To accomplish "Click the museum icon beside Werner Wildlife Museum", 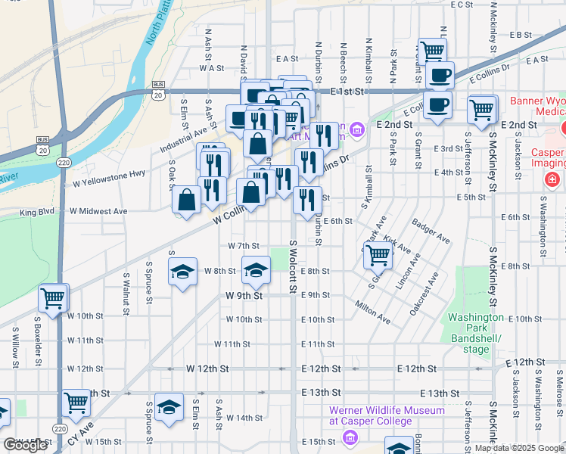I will [350, 437].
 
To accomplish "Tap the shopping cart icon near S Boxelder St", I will [52, 297].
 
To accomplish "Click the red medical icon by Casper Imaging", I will [553, 180].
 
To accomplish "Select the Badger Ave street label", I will [431, 231].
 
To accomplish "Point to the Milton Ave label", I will [372, 312].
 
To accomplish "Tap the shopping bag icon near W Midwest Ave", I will [186, 201].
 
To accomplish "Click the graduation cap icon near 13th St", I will [169, 406].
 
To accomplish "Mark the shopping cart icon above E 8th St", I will [377, 256].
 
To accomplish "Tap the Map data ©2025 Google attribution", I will [519, 448].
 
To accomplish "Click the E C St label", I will [461, 5].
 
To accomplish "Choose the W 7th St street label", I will [244, 246].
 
